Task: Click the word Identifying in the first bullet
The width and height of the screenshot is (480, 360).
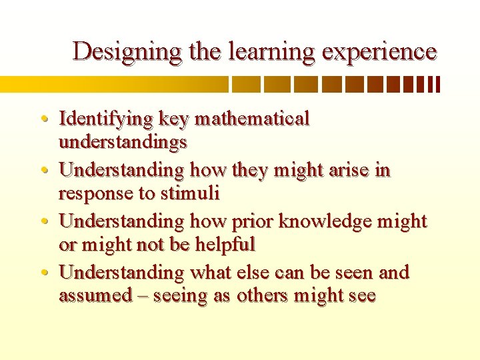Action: click(x=106, y=119)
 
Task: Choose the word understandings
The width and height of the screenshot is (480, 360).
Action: click(x=123, y=142)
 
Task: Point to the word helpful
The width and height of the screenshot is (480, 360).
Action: click(x=225, y=244)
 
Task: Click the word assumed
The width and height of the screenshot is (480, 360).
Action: click(x=96, y=295)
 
